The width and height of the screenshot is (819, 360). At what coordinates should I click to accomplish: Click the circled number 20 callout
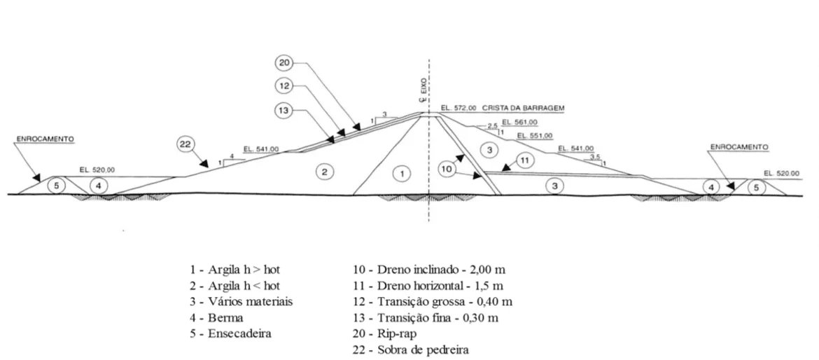click(x=284, y=63)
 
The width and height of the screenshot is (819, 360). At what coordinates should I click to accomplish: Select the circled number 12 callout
click(x=284, y=86)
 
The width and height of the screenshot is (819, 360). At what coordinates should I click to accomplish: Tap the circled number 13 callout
click(x=284, y=110)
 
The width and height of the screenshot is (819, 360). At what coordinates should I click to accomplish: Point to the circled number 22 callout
click(x=185, y=145)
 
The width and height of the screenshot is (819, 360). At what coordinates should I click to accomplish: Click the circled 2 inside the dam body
click(x=324, y=172)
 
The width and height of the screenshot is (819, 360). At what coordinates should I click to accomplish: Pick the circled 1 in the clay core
click(x=401, y=174)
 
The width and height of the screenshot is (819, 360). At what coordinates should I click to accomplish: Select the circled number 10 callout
click(x=447, y=168)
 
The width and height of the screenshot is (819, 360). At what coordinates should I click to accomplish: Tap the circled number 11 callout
click(x=525, y=160)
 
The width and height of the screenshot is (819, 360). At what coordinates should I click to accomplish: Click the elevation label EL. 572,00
click(x=458, y=108)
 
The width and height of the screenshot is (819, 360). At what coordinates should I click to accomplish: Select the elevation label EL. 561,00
click(x=519, y=123)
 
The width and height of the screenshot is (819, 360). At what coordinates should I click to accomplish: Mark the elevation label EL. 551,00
click(x=534, y=136)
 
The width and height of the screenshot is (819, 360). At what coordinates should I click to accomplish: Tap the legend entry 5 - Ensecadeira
click(x=231, y=333)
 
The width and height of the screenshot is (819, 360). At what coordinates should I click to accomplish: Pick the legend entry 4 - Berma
click(x=217, y=318)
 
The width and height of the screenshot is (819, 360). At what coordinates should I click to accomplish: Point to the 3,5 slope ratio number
click(x=594, y=157)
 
